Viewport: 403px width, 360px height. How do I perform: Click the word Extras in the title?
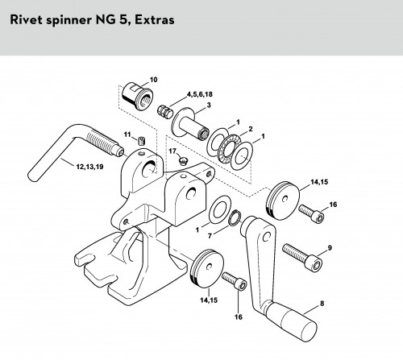pyautogui.click(x=155, y=20)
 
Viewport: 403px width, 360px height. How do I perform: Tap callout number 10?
pyautogui.click(x=154, y=80)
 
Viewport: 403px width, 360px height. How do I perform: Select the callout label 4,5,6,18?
pyautogui.click(x=200, y=94)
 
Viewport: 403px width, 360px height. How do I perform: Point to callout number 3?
pyautogui.click(x=209, y=105)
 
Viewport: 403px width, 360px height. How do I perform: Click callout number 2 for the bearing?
pyautogui.click(x=251, y=129)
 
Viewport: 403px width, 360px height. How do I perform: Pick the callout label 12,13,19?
pyautogui.click(x=89, y=167)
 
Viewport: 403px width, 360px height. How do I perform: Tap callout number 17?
pyautogui.click(x=172, y=151)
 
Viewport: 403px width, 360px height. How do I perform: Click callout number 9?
pyautogui.click(x=330, y=247)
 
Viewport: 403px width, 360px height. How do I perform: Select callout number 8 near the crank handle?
pyautogui.click(x=322, y=304)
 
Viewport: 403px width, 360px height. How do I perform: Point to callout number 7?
pyautogui.click(x=210, y=236)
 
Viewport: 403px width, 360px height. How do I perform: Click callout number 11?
pyautogui.click(x=127, y=134)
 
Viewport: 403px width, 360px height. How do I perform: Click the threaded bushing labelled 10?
pyautogui.click(x=136, y=96)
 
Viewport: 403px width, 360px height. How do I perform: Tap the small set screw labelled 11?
pyautogui.click(x=142, y=140)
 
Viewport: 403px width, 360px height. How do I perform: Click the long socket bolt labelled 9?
pyautogui.click(x=302, y=258)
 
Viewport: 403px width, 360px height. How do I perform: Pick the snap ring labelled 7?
pyautogui.click(x=234, y=217)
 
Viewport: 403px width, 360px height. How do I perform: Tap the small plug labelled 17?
pyautogui.click(x=183, y=162)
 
